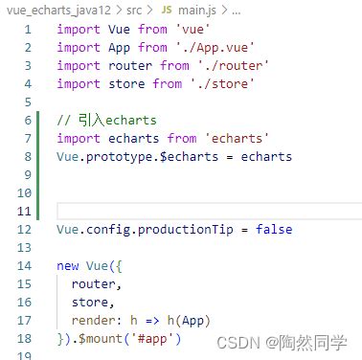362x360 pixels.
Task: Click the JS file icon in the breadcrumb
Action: point(166,9)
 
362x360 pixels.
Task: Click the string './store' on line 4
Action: point(224,84)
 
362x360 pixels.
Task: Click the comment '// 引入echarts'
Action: point(106,121)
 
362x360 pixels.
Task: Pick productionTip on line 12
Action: point(191,230)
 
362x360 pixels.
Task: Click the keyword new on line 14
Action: point(69,266)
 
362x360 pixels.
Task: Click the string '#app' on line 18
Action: point(155,339)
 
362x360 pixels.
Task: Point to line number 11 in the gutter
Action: point(25,212)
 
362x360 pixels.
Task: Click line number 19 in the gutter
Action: point(25,357)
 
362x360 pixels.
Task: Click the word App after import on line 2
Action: point(118,48)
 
